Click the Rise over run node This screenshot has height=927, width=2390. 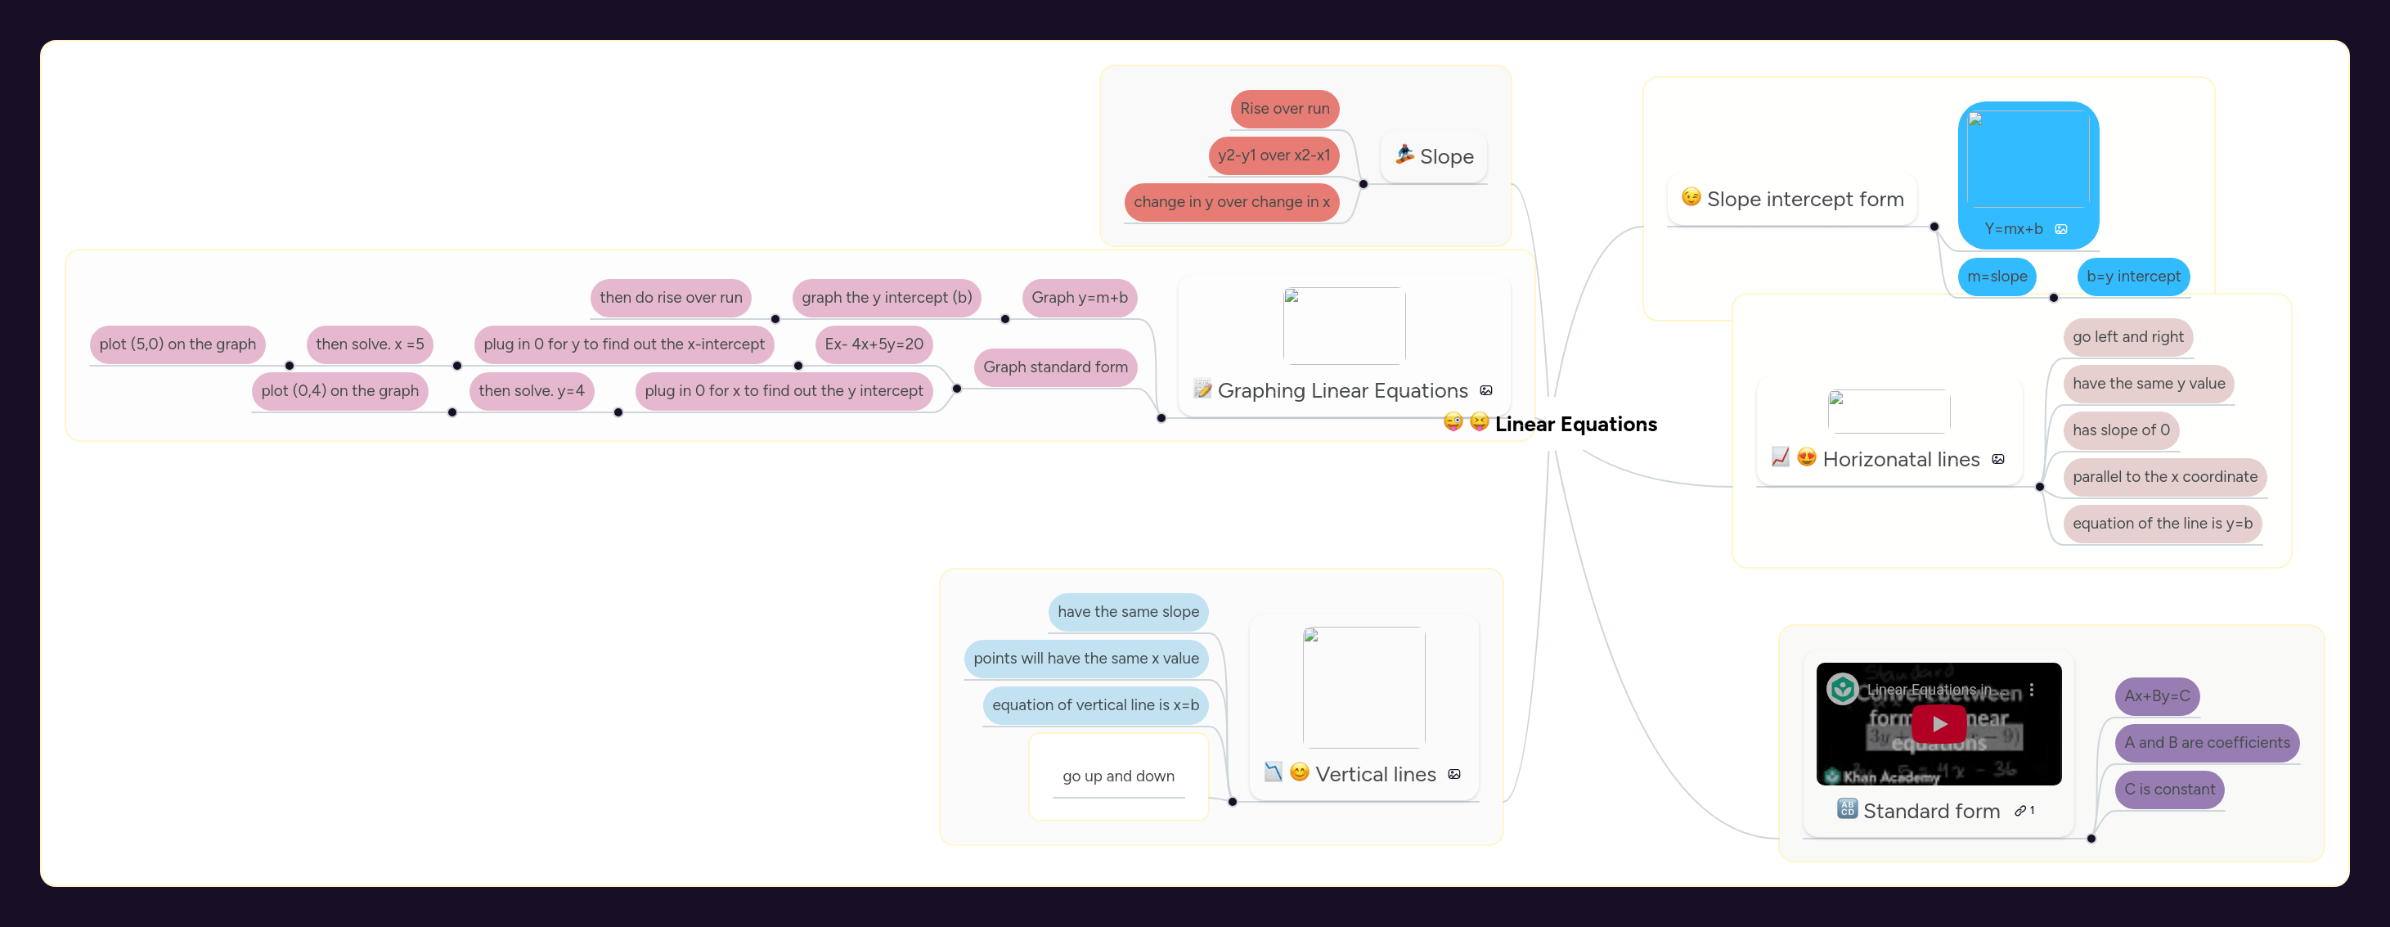[1284, 109]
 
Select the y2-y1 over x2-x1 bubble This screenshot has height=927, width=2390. [1273, 155]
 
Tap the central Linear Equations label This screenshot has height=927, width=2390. [1575, 424]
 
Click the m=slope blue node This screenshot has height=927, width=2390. [1997, 277]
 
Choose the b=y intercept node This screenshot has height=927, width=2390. [2133, 277]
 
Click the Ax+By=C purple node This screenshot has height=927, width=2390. [2156, 696]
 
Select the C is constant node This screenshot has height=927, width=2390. [2169, 790]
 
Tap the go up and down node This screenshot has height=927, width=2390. [1118, 776]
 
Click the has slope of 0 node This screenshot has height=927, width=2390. [2121, 430]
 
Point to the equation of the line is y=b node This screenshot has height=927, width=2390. [2162, 524]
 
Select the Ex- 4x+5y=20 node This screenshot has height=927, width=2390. [873, 344]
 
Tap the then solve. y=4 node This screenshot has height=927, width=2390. [531, 390]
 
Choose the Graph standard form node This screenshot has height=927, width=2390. [1055, 367]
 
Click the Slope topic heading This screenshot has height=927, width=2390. [1445, 157]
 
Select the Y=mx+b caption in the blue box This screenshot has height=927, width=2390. [2012, 229]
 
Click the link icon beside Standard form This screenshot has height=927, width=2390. [2019, 811]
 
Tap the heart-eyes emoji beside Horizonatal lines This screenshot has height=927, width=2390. [1805, 457]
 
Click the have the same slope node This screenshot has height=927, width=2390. [1127, 611]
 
